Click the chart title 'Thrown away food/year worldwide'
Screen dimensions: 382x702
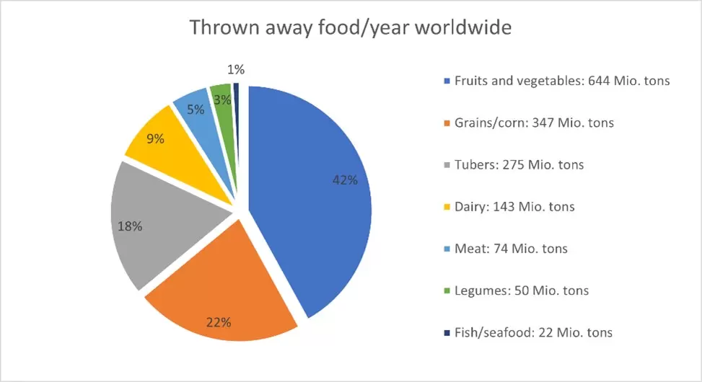pyautogui.click(x=351, y=28)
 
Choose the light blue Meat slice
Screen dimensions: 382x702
pyautogui.click(x=199, y=112)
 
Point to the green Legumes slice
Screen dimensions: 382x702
pyautogui.click(x=224, y=101)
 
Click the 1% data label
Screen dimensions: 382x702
pyautogui.click(x=236, y=70)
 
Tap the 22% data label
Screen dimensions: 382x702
pyautogui.click(x=219, y=322)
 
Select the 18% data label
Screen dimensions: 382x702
pyautogui.click(x=130, y=226)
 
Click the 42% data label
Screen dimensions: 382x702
pyautogui.click(x=345, y=180)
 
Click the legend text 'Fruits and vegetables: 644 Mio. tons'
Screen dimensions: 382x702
pyautogui.click(x=562, y=81)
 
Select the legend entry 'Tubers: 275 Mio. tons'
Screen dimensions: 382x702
pyautogui.click(x=519, y=164)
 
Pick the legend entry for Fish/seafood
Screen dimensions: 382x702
pyautogui.click(x=533, y=332)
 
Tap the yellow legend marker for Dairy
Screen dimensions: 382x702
pyautogui.click(x=447, y=207)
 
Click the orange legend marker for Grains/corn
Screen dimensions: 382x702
pyautogui.click(x=447, y=123)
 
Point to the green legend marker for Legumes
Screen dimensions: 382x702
pyautogui.click(x=447, y=291)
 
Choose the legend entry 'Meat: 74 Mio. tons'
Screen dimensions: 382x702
pyautogui.click(x=511, y=249)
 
